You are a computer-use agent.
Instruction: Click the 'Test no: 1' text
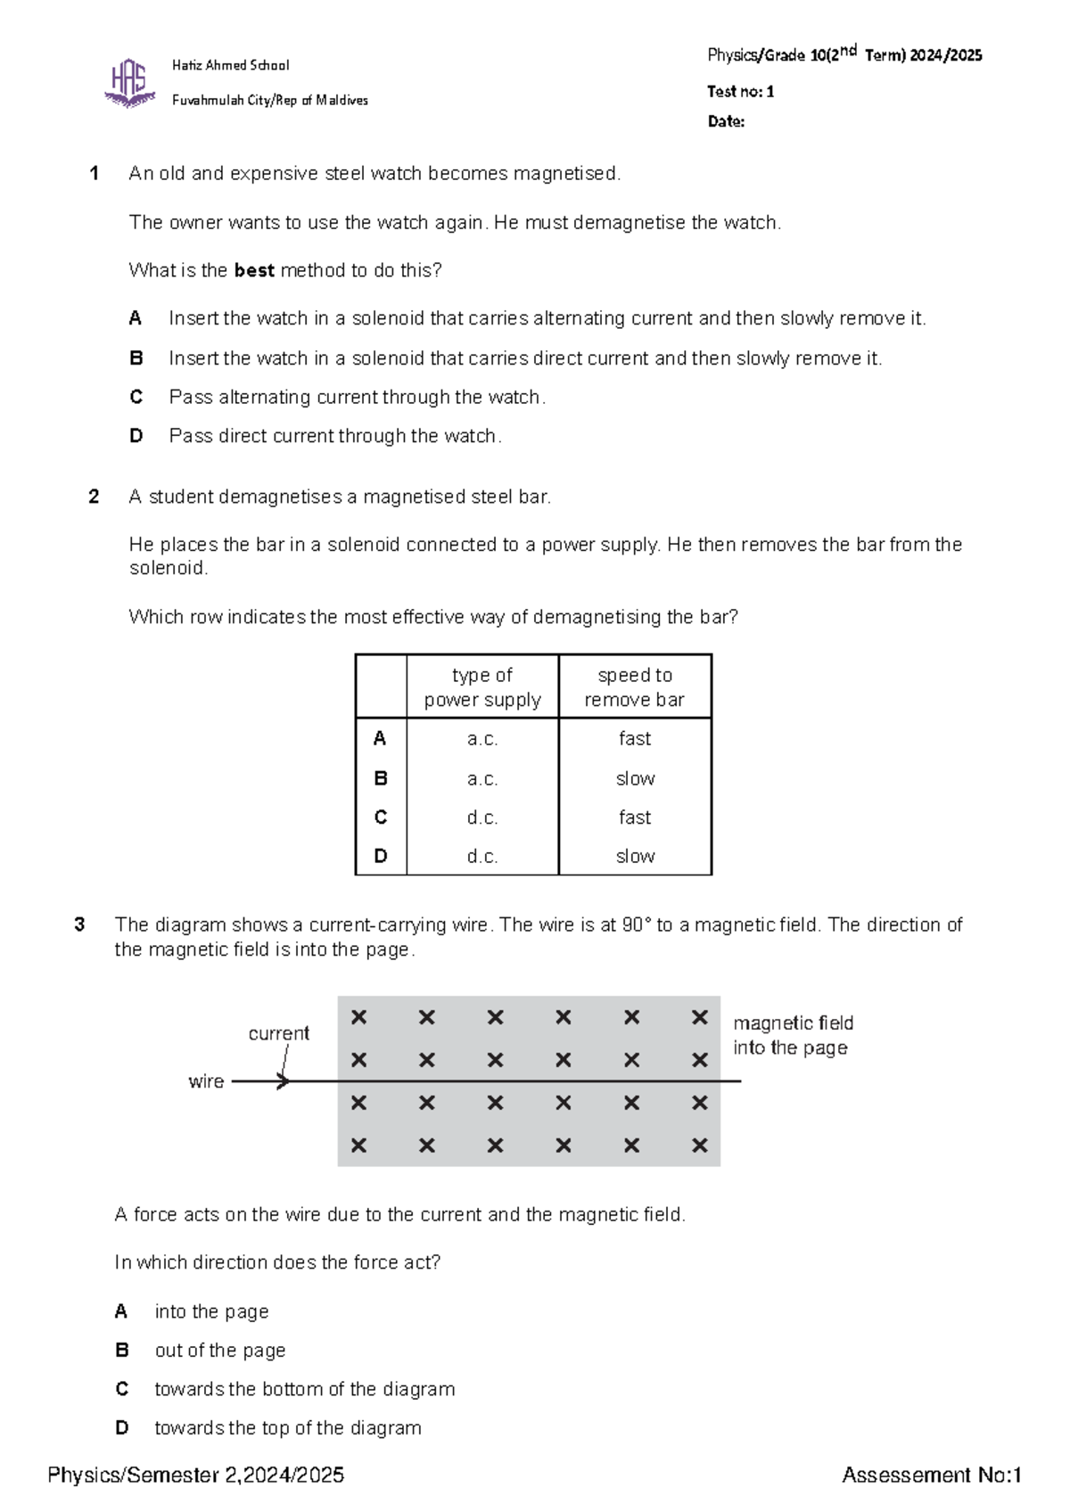[x=740, y=92]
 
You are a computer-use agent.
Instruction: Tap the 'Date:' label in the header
[x=726, y=122]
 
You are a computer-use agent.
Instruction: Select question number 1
[x=94, y=174]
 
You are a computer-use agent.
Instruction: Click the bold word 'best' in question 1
[x=254, y=271]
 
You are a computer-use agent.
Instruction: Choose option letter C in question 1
[x=136, y=397]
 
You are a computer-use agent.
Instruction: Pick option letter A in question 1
[x=136, y=318]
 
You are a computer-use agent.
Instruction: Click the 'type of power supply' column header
[x=482, y=687]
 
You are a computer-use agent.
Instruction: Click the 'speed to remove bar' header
[x=634, y=687]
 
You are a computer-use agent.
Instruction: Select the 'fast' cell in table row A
[x=634, y=738]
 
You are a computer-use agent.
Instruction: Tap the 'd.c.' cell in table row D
[x=482, y=856]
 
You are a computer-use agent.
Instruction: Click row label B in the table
[x=381, y=778]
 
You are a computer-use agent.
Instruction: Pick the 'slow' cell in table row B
[x=634, y=778]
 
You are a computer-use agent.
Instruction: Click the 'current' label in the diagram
[x=278, y=1033]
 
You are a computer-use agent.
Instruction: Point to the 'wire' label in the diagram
[x=206, y=1081]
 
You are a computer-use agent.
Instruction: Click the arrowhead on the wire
[x=284, y=1081]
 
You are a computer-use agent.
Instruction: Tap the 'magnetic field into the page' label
[x=792, y=1035]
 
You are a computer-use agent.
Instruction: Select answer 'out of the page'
[x=220, y=1351]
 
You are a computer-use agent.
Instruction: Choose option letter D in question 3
[x=122, y=1428]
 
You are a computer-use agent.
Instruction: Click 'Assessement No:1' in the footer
[x=931, y=1475]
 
